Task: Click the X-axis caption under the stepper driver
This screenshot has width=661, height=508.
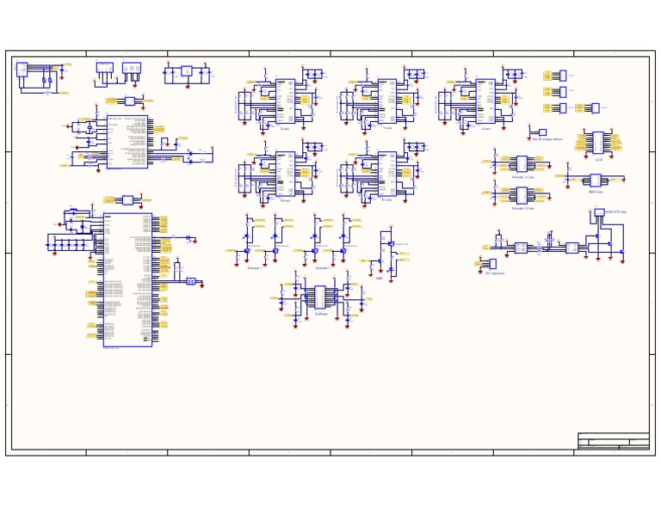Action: (285, 128)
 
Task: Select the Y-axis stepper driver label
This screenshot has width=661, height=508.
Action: (387, 128)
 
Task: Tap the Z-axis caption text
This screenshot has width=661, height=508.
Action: (486, 128)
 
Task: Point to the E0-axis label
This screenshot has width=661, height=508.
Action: (285, 199)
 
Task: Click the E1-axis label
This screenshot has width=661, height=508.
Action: (387, 199)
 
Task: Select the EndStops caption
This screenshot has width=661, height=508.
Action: (320, 315)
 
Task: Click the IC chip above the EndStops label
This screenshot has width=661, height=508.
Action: (320, 297)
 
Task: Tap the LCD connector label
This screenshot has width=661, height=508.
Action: (598, 159)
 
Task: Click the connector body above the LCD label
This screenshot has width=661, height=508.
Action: (598, 142)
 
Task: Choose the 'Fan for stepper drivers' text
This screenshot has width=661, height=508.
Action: (547, 138)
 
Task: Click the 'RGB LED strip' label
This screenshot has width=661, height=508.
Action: (615, 211)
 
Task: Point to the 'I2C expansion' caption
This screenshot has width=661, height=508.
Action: (495, 273)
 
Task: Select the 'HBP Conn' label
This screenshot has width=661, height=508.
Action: (596, 192)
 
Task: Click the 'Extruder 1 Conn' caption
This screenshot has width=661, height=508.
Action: (522, 176)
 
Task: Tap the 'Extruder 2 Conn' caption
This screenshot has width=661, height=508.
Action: (522, 208)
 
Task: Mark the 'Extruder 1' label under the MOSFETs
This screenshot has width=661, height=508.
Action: (255, 268)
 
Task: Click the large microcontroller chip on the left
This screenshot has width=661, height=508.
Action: (127, 279)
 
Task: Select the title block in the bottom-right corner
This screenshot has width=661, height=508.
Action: (613, 441)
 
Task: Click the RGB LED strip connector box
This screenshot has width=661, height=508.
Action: (599, 212)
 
